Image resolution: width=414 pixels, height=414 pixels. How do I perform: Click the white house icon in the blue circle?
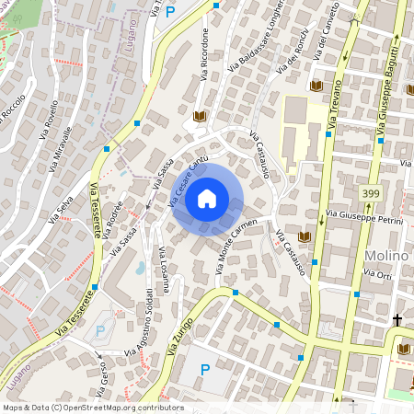[207, 199]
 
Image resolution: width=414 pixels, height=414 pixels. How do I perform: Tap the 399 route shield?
[372, 193]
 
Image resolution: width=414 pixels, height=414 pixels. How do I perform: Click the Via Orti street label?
[378, 274]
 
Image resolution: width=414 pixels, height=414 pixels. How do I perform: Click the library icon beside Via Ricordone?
[200, 117]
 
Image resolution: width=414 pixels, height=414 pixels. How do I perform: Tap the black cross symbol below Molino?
[397, 320]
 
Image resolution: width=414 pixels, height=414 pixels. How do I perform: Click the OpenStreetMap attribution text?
[93, 408]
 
